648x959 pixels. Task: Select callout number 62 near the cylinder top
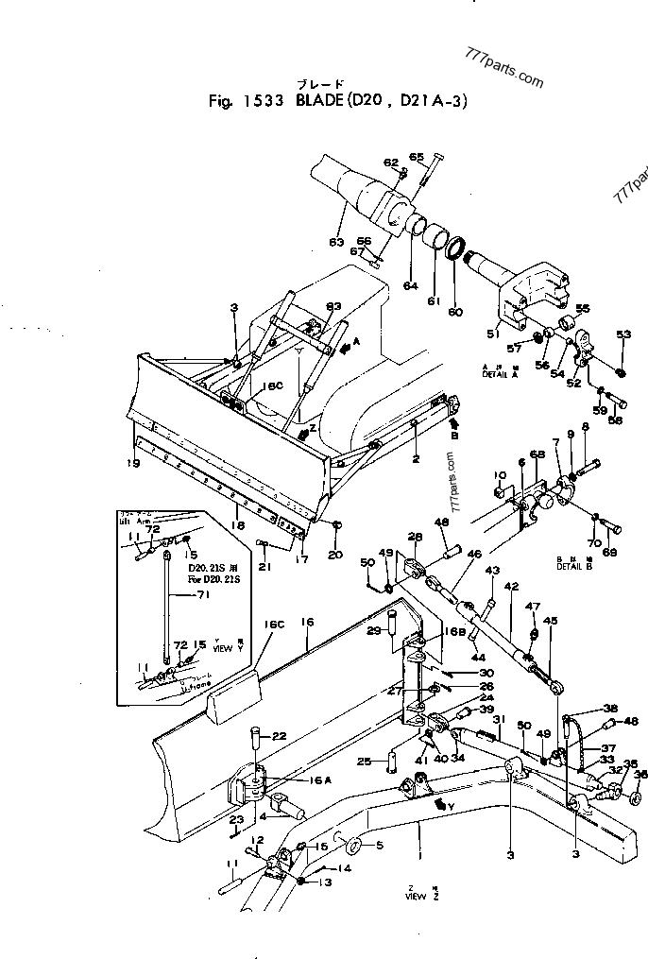click(x=391, y=163)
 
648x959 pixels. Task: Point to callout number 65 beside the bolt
click(x=417, y=157)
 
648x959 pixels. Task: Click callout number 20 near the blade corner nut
click(x=335, y=555)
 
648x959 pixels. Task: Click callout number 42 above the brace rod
click(x=511, y=586)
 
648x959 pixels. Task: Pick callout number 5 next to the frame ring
click(x=380, y=845)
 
